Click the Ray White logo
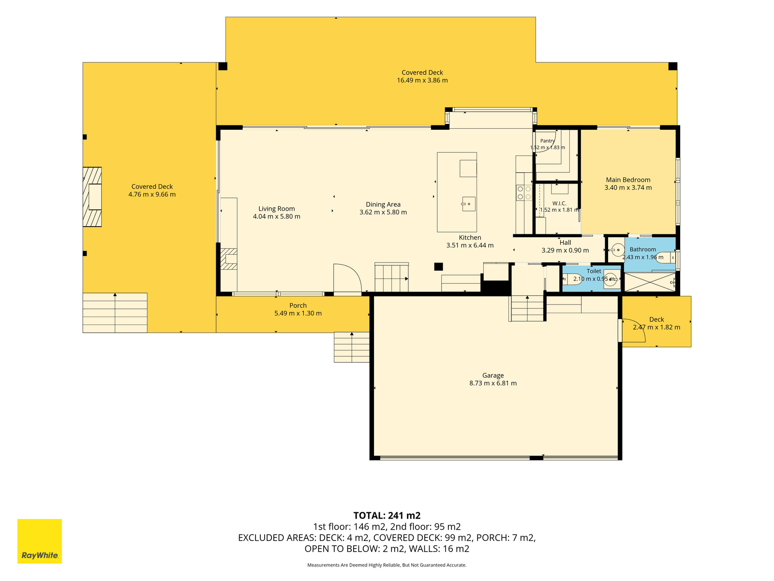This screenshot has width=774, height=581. [x=40, y=541]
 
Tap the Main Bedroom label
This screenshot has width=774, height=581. [x=628, y=180]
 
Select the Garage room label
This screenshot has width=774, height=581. [x=493, y=375]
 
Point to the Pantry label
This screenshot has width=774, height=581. [x=547, y=141]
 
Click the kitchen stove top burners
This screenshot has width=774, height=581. [x=524, y=193]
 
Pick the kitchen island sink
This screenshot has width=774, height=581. [x=469, y=204]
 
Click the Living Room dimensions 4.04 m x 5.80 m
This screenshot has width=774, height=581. [x=276, y=216]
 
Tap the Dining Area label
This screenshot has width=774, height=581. [x=383, y=204]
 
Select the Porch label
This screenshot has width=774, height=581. [x=298, y=306]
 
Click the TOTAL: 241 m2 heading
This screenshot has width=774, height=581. [x=387, y=515]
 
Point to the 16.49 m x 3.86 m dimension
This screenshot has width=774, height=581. [x=422, y=80]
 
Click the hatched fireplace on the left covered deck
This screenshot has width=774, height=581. [x=92, y=197]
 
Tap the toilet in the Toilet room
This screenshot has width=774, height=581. [x=571, y=279]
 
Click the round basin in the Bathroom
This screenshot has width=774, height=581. [x=617, y=250]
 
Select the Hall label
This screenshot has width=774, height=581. [x=565, y=243]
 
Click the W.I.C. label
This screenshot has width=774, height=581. [x=559, y=203]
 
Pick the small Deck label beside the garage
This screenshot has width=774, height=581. [x=656, y=319]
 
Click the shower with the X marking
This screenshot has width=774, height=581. [x=650, y=282]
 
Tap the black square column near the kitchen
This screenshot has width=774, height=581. [x=438, y=267]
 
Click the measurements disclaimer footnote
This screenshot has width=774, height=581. [x=387, y=565]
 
